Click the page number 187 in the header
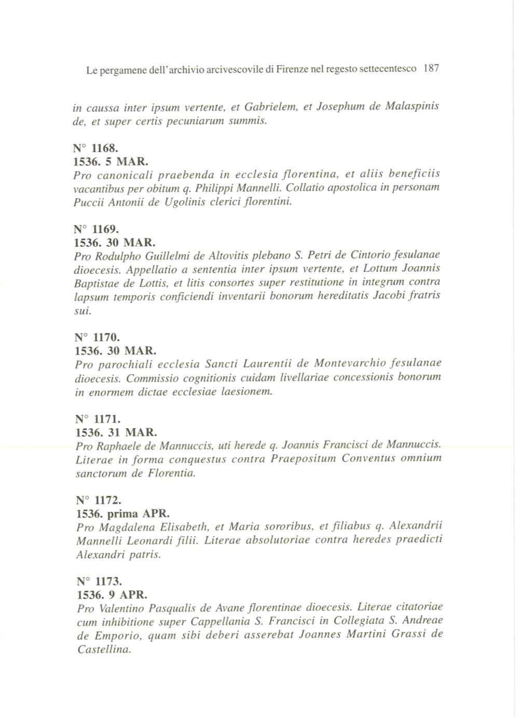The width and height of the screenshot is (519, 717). [x=431, y=68]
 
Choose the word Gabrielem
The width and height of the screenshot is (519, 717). [x=269, y=107]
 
